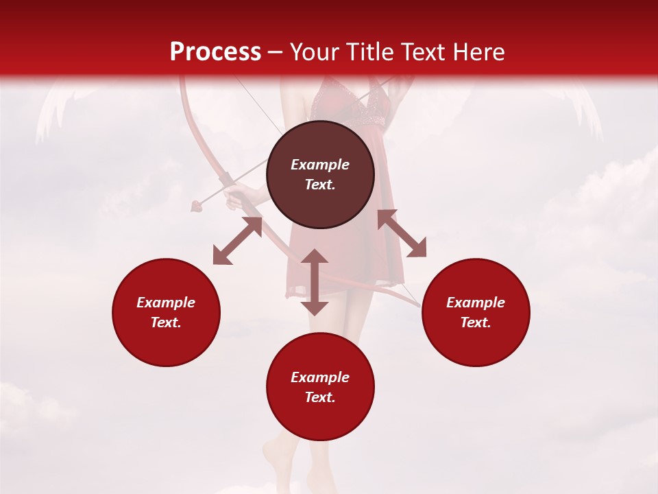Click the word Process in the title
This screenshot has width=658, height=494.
215,52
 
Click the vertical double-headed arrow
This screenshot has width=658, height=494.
315,282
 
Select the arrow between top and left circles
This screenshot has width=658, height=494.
237,241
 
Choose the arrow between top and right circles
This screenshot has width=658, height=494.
402,233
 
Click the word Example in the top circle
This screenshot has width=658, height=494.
320,165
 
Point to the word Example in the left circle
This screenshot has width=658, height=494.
166,303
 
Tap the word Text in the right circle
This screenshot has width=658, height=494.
476,322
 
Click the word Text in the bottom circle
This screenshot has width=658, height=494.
320,397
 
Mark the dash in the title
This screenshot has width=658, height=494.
275,53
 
